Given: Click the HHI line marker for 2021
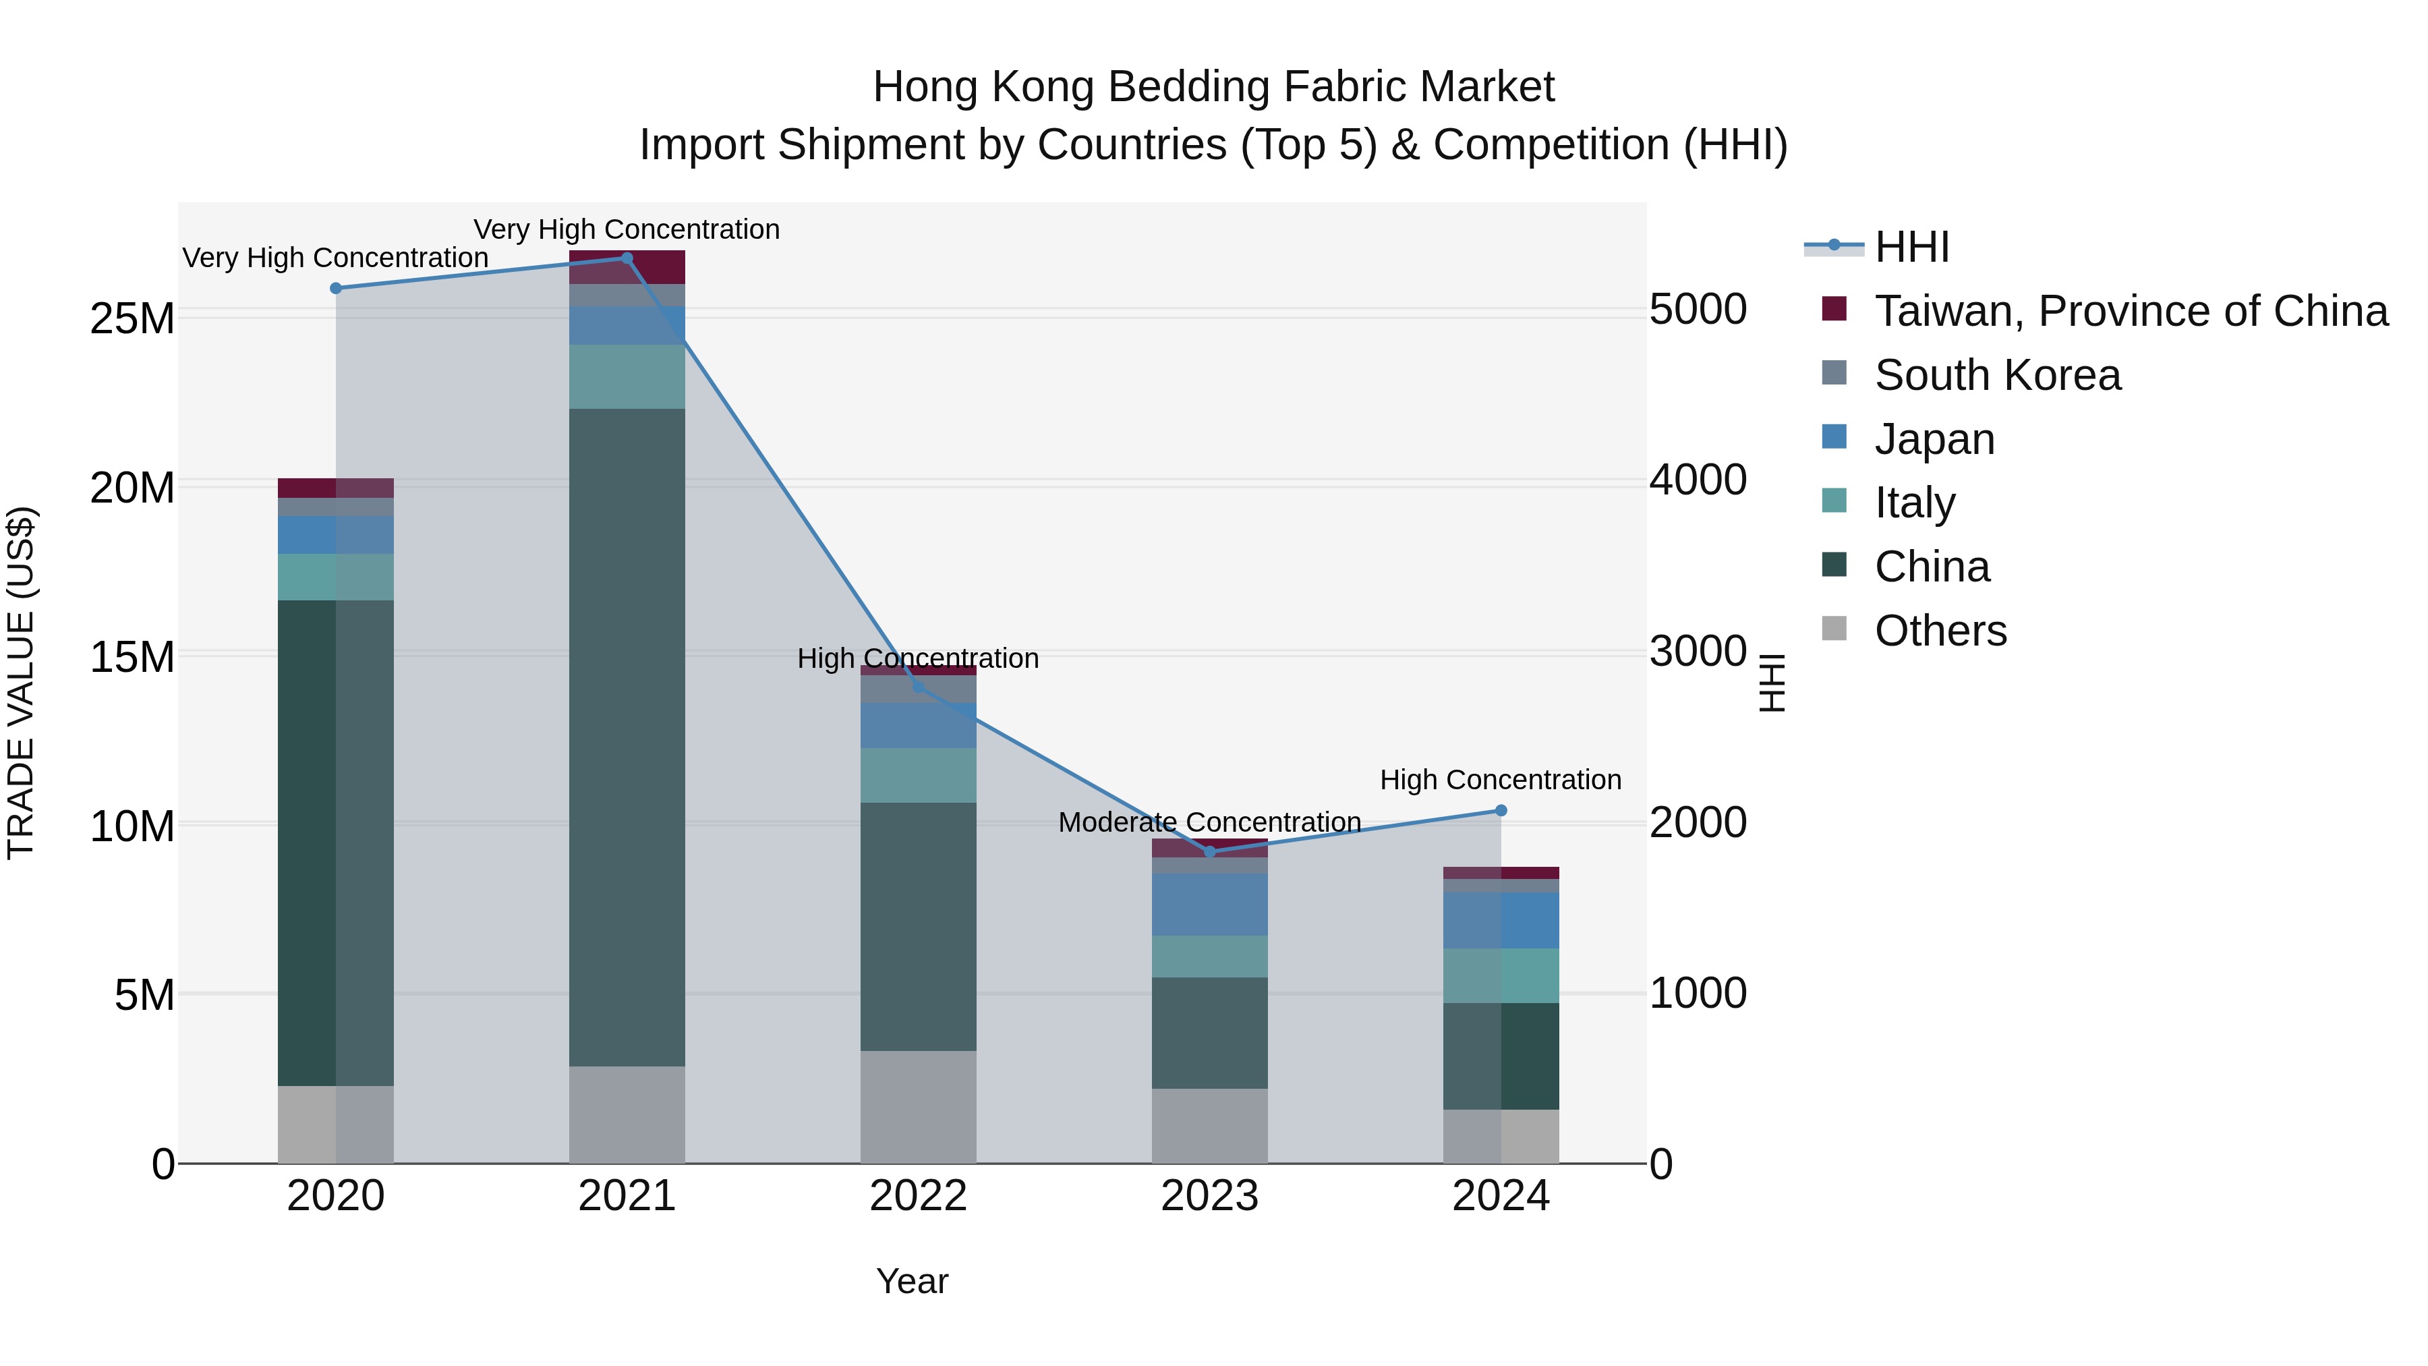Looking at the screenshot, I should (x=627, y=258).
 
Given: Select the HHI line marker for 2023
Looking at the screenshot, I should (x=1209, y=851).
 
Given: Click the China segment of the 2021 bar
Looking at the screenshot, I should (x=627, y=735).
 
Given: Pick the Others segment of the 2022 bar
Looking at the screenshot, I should (x=918, y=1107).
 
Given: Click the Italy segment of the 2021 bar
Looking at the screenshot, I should (x=627, y=376).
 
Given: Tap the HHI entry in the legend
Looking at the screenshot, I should (x=1911, y=247).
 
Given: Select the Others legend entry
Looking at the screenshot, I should (x=1940, y=631).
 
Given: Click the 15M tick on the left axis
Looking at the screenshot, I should (x=132, y=657).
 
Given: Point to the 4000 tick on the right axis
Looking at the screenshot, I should (x=1698, y=480).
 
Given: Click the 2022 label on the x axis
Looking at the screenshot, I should (x=918, y=1196).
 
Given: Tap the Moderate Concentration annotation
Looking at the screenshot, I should (x=1209, y=822).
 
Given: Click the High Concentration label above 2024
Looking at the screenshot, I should (x=1501, y=780).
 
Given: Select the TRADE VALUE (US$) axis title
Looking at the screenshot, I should (x=21, y=683).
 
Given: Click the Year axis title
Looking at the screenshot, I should (x=911, y=1281).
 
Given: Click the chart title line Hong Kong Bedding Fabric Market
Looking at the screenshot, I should (x=1213, y=87).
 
